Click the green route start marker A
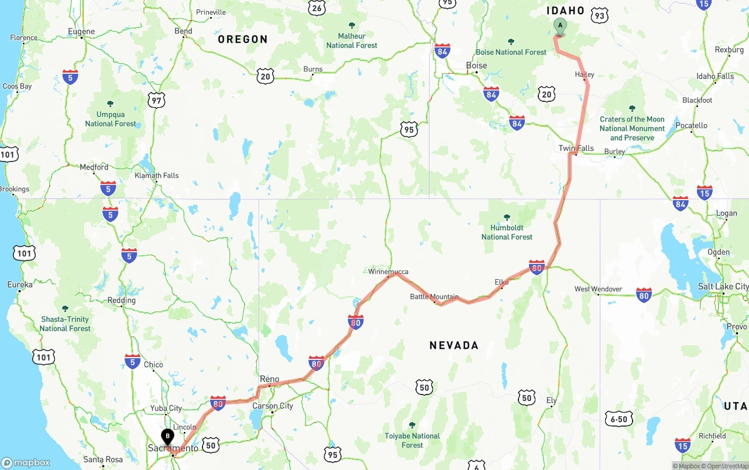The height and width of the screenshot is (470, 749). (560, 26)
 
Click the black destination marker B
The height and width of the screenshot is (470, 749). (167, 437)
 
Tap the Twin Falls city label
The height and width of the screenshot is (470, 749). (576, 148)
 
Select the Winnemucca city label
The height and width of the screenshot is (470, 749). (388, 272)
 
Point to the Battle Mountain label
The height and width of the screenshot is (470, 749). (434, 297)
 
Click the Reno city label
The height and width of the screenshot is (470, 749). (269, 379)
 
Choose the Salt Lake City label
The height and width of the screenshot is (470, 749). (723, 286)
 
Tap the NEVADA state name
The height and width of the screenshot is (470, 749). (454, 345)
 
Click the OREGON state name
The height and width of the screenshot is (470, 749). (243, 39)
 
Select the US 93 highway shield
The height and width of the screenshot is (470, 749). (599, 16)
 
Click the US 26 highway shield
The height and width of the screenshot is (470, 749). (317, 7)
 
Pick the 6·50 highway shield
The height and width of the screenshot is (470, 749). (619, 419)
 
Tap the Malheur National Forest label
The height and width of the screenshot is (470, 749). (352, 40)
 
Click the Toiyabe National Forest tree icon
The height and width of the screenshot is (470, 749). (412, 425)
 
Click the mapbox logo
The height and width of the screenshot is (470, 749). (26, 462)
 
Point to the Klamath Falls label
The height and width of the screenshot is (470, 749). (156, 176)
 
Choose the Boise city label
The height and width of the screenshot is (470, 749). (476, 66)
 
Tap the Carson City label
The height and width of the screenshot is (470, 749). (272, 406)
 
